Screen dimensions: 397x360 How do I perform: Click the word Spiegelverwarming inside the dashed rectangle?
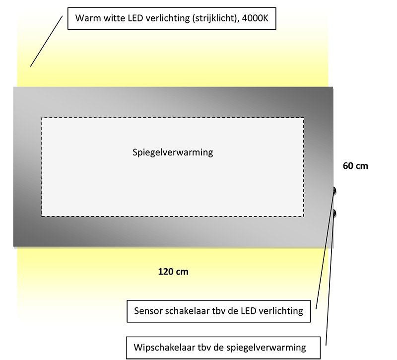pos(173,152)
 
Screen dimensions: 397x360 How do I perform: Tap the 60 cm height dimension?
pos(355,166)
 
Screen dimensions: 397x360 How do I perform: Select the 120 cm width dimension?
pos(173,272)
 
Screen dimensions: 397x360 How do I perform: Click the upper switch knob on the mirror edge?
pos(334,191)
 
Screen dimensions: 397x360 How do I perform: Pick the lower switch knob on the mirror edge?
pos(334,214)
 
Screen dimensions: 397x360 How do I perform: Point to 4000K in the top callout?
pos(255,18)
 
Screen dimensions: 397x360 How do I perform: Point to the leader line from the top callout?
pos(46,41)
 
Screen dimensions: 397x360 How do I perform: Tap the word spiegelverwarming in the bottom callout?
pos(266,348)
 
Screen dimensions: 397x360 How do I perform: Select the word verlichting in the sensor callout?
pos(280,311)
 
